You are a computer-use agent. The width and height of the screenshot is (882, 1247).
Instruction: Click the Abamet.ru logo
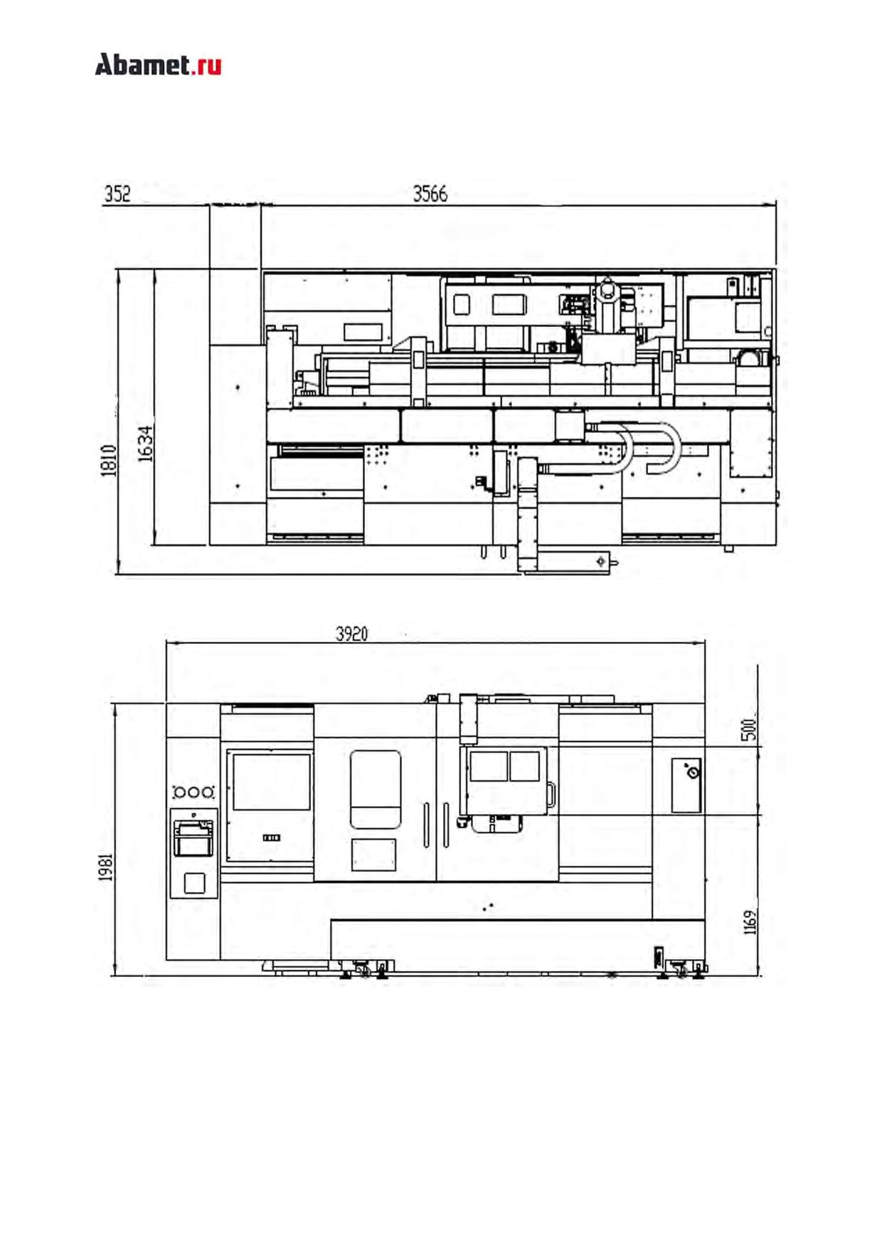point(158,65)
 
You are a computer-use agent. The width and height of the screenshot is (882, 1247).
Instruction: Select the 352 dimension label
point(117,194)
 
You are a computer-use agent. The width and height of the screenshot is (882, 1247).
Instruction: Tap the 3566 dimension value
point(430,194)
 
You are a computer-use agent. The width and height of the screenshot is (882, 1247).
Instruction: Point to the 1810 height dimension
point(109,461)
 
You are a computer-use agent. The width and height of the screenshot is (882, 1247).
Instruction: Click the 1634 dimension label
point(145,444)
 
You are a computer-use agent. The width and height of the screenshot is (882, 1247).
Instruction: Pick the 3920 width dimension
point(351,633)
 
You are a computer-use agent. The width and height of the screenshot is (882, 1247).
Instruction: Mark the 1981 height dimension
point(106,867)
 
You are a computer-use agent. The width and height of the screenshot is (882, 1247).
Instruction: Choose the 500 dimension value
point(748,729)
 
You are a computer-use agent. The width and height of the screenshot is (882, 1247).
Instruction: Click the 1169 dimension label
point(750,921)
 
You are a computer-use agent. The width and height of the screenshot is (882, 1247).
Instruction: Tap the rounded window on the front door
point(376,789)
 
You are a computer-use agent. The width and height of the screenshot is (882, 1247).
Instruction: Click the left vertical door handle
point(426,825)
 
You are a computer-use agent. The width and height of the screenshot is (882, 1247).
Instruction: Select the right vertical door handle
point(445,825)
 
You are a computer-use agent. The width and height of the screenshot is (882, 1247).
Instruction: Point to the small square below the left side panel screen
point(194,883)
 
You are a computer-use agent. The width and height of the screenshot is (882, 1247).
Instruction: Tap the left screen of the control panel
point(488,766)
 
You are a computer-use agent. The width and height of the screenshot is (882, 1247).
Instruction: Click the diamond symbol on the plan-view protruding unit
point(601,561)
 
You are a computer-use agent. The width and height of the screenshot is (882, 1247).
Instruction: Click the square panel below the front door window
point(373,855)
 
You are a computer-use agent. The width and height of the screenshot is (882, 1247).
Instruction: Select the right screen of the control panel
point(524,766)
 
